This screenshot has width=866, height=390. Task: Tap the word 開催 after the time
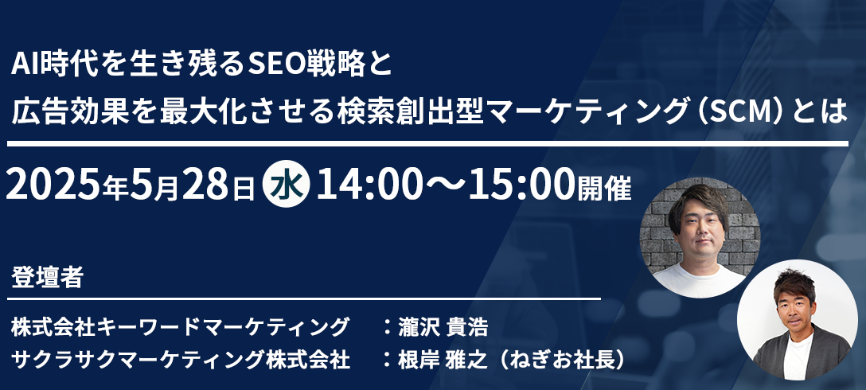click(x=604, y=189)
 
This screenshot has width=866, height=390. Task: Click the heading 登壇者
click(x=47, y=278)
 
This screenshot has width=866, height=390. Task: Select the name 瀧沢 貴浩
click(x=443, y=327)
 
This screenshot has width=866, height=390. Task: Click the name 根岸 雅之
click(x=443, y=361)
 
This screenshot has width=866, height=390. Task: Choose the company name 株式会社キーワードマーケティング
click(x=180, y=327)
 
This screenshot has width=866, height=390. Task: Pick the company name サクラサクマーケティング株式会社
click(x=180, y=361)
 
